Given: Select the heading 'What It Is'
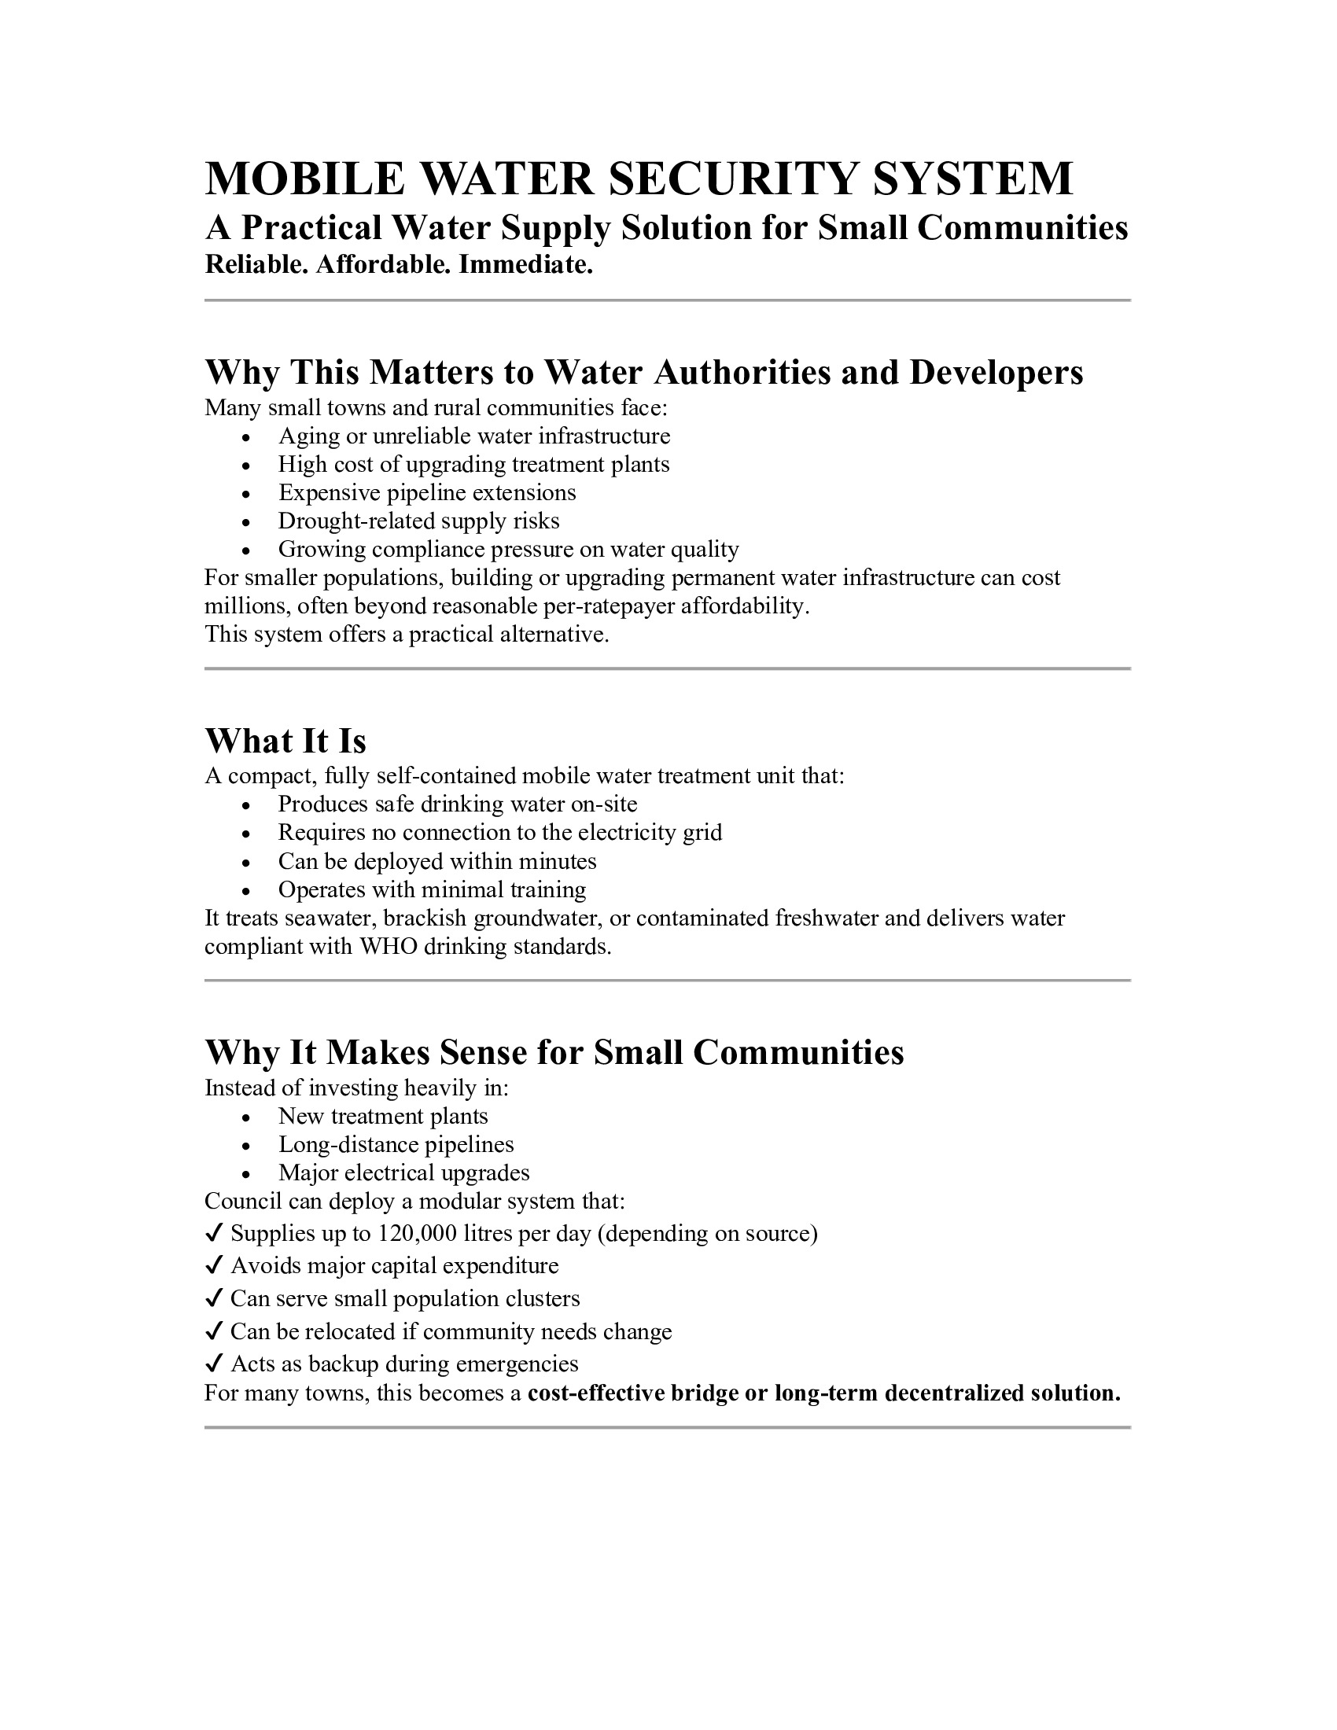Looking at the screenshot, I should [x=285, y=741].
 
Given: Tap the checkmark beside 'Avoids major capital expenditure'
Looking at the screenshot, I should [x=213, y=1266].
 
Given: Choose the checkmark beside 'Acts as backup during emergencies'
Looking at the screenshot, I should [x=213, y=1364].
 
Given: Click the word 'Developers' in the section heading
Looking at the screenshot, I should [x=996, y=372].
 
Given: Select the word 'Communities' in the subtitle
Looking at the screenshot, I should [x=1022, y=228].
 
